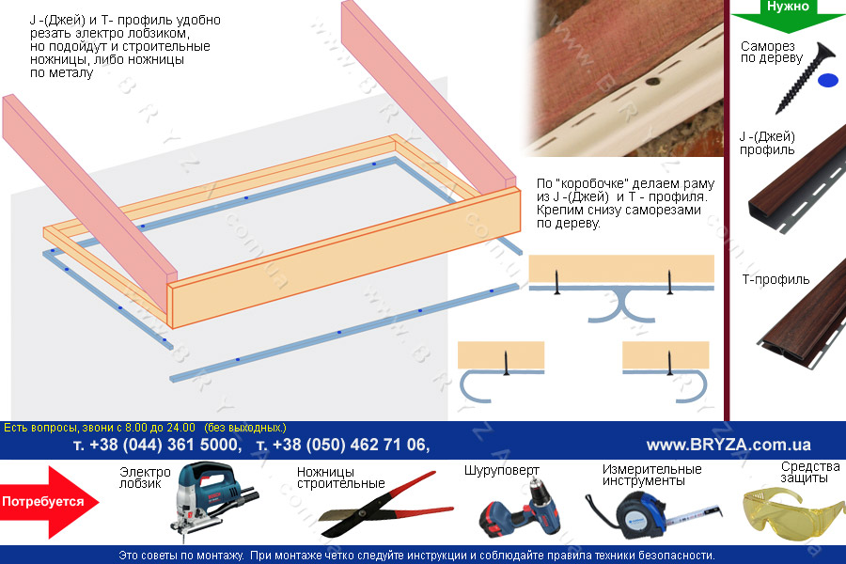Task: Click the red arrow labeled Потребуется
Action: point(50,502)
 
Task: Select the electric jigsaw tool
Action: point(213,499)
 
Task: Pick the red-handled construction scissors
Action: point(385,505)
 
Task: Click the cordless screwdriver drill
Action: point(521,508)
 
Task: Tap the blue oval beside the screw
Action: point(828,81)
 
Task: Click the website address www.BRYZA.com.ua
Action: point(728,445)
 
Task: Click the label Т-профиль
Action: point(775,279)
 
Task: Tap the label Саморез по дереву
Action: point(772,52)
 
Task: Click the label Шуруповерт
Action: point(502,471)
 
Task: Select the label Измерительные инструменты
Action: point(651,475)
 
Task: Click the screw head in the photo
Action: point(653,83)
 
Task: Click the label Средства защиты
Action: point(810,472)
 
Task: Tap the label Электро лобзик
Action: point(145,478)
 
